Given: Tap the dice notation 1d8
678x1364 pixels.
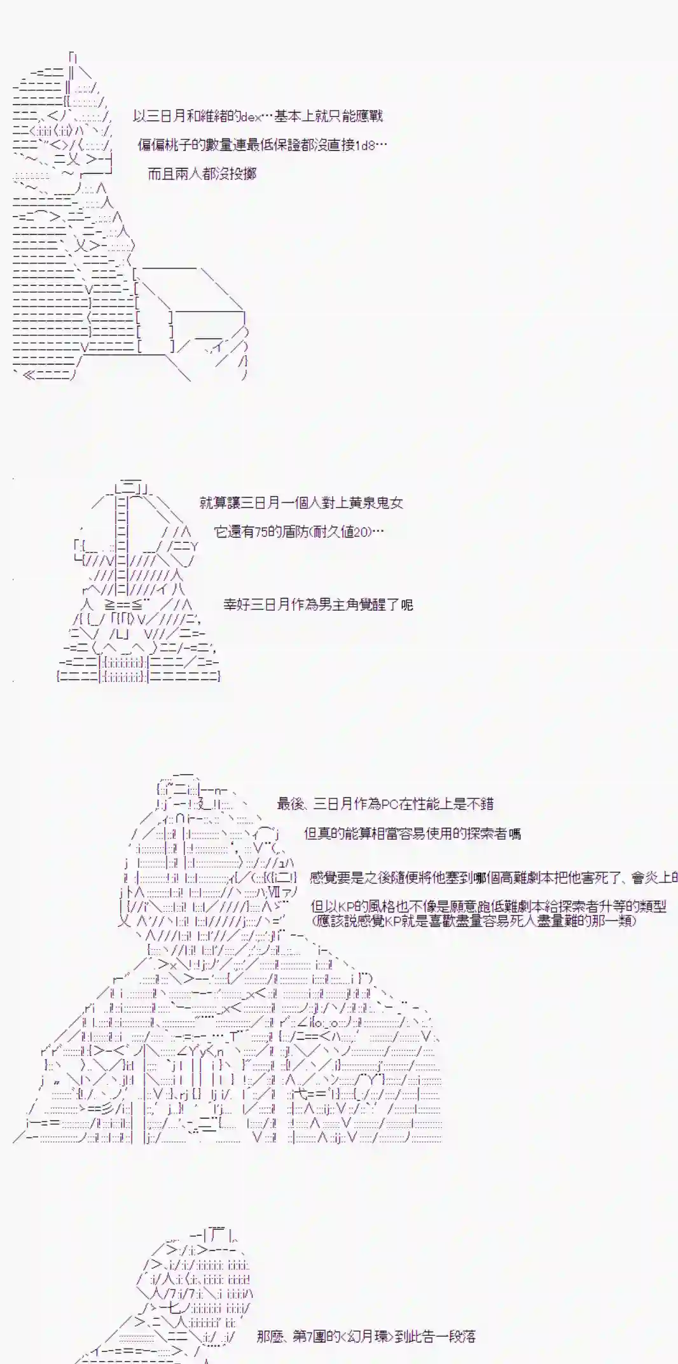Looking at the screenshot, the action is point(364,145).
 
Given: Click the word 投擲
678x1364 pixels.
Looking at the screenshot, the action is point(242,174).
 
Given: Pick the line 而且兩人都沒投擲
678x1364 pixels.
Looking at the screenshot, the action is point(202,174).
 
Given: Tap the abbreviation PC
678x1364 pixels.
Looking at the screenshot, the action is point(391,804).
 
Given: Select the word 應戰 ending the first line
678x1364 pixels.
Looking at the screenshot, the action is point(369,116).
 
